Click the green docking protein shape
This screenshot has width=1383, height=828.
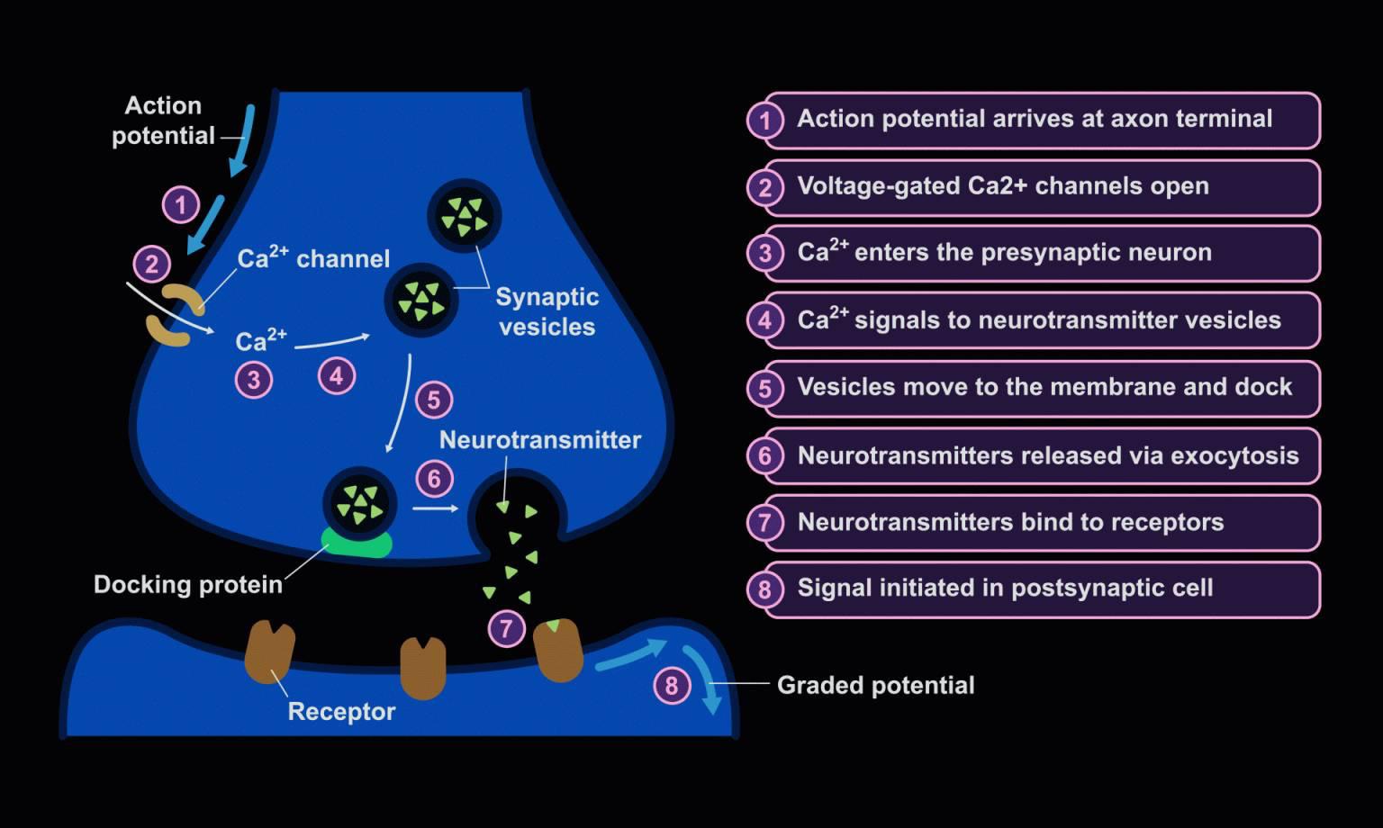click(x=357, y=544)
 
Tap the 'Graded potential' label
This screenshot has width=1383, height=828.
click(x=875, y=686)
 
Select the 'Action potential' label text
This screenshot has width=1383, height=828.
click(x=163, y=121)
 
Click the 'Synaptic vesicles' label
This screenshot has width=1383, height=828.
click(x=547, y=311)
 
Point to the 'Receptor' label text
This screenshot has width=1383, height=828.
click(x=341, y=712)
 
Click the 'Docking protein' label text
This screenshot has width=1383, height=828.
click(x=188, y=585)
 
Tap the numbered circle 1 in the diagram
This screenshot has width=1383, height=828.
click(x=181, y=205)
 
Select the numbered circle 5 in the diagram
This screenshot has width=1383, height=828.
click(x=434, y=400)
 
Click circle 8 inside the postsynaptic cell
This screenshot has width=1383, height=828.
click(x=671, y=687)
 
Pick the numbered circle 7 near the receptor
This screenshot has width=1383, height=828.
click(x=506, y=628)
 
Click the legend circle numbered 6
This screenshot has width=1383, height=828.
click(x=764, y=456)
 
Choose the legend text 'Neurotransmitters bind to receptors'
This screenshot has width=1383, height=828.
click(x=1010, y=523)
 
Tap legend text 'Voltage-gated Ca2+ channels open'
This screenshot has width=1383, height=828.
click(x=1003, y=186)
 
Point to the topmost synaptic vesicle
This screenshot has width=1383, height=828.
click(x=464, y=217)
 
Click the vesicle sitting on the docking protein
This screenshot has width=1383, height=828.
click(x=360, y=504)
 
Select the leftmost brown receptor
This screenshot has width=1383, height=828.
click(x=269, y=652)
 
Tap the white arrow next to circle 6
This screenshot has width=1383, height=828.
click(x=436, y=508)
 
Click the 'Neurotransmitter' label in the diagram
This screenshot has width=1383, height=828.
click(x=540, y=440)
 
